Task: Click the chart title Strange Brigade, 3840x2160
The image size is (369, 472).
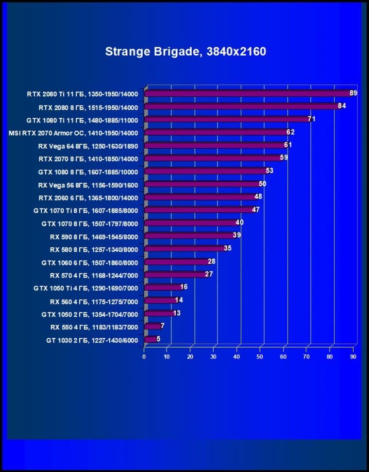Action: click(185, 51)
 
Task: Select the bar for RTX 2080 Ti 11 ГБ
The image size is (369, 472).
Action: click(248, 94)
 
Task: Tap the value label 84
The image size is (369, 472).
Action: click(342, 106)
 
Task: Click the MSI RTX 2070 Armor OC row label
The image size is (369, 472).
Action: click(73, 133)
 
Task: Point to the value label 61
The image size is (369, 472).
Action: click(288, 145)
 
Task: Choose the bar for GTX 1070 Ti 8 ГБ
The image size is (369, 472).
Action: click(199, 210)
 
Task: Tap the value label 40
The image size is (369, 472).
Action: click(239, 222)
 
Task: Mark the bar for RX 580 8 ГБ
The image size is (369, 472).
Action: click(184, 249)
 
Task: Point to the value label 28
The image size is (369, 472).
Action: click(212, 262)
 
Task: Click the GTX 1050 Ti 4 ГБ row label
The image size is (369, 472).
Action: click(85, 288)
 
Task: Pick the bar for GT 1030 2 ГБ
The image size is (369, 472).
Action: click(150, 340)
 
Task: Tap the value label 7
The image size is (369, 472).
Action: click(163, 326)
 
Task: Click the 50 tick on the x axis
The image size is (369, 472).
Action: click(260, 357)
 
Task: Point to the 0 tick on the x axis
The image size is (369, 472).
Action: click(144, 357)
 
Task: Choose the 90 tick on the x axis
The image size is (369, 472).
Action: click(353, 357)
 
